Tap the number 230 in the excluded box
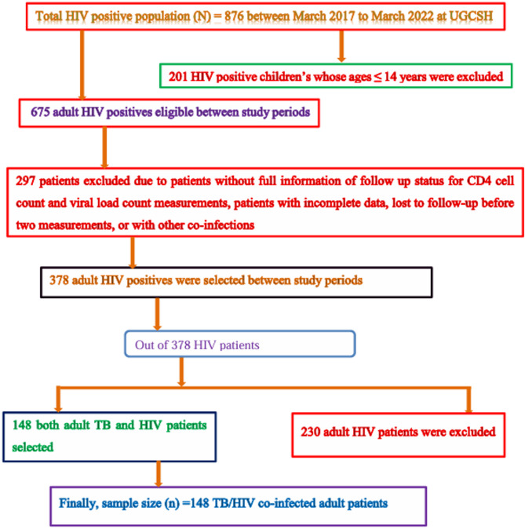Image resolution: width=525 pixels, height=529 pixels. pyautogui.click(x=312, y=430)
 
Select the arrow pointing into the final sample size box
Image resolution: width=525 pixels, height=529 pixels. pyautogui.click(x=162, y=476)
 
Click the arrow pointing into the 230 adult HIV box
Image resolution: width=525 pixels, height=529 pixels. pyautogui.click(x=469, y=404)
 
